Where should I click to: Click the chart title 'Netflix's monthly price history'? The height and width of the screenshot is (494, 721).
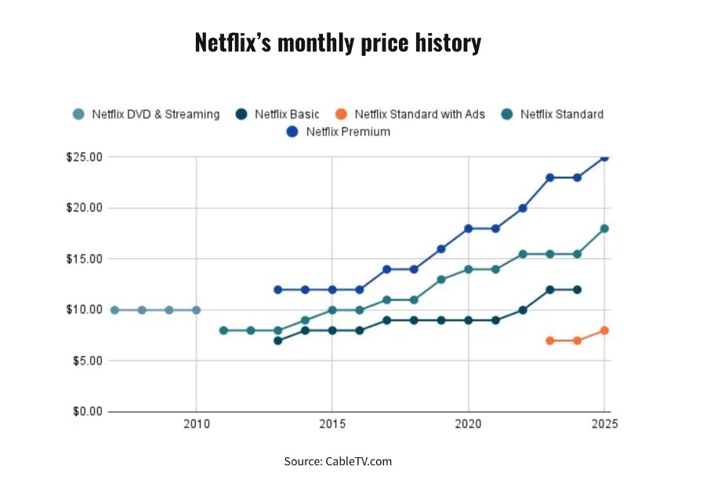[x=338, y=42]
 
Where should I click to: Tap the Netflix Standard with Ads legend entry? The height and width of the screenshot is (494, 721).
[x=419, y=114]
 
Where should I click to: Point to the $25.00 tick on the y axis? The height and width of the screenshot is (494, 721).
[x=84, y=157]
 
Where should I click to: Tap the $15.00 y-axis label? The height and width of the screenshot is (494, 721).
[x=84, y=259]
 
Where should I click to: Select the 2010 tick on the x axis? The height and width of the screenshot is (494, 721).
[x=196, y=424]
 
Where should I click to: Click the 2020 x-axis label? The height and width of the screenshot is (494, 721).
[x=468, y=424]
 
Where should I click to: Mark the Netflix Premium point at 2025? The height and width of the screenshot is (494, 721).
[x=604, y=157]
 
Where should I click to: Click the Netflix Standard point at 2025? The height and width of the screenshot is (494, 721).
[x=604, y=229]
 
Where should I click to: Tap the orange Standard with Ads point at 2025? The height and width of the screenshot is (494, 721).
[x=604, y=330]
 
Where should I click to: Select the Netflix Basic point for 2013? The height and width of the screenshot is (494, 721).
[x=277, y=340]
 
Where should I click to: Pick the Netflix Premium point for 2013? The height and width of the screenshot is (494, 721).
[x=277, y=289]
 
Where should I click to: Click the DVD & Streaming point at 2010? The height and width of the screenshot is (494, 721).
[x=196, y=310]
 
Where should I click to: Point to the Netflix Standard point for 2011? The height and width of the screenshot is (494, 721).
[x=223, y=330]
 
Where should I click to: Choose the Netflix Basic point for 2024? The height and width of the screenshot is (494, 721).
[x=578, y=289]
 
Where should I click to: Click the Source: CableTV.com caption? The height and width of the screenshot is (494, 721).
[x=338, y=461]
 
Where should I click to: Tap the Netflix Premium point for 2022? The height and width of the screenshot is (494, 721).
[x=523, y=208]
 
